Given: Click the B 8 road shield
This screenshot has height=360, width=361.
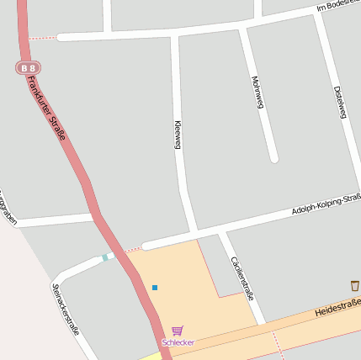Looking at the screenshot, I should (x=29, y=67).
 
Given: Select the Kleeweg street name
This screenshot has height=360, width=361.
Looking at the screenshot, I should (x=178, y=135).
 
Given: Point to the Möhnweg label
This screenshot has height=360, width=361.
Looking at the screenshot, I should (x=257, y=93).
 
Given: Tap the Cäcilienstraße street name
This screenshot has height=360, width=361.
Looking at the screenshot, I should (x=242, y=278).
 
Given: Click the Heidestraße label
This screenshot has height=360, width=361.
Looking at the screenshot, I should (x=337, y=307).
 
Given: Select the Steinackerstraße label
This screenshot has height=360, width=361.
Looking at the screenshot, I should (x=65, y=310).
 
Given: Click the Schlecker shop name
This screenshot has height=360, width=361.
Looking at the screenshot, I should (x=178, y=343).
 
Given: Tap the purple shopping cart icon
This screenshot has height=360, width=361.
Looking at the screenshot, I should (x=177, y=331).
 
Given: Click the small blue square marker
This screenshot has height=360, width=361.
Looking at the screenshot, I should (x=155, y=288).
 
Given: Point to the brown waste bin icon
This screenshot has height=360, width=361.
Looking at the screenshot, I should (x=354, y=286).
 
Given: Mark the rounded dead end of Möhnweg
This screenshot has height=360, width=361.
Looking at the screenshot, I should (x=273, y=157).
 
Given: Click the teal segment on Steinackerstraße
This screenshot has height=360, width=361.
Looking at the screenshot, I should (x=105, y=257).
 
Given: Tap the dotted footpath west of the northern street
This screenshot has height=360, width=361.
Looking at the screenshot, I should (x=42, y=38).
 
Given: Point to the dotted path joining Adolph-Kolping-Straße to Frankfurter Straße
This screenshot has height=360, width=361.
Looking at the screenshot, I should (x=132, y=250).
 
